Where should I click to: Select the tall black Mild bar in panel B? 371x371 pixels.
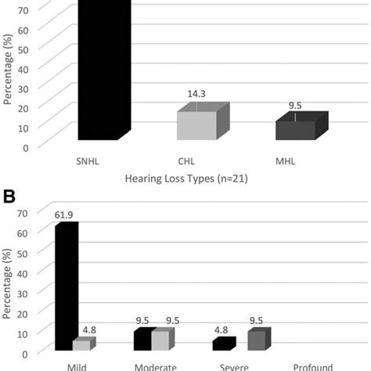coord(67,286)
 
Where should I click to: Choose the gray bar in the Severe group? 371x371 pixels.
coord(256,340)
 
